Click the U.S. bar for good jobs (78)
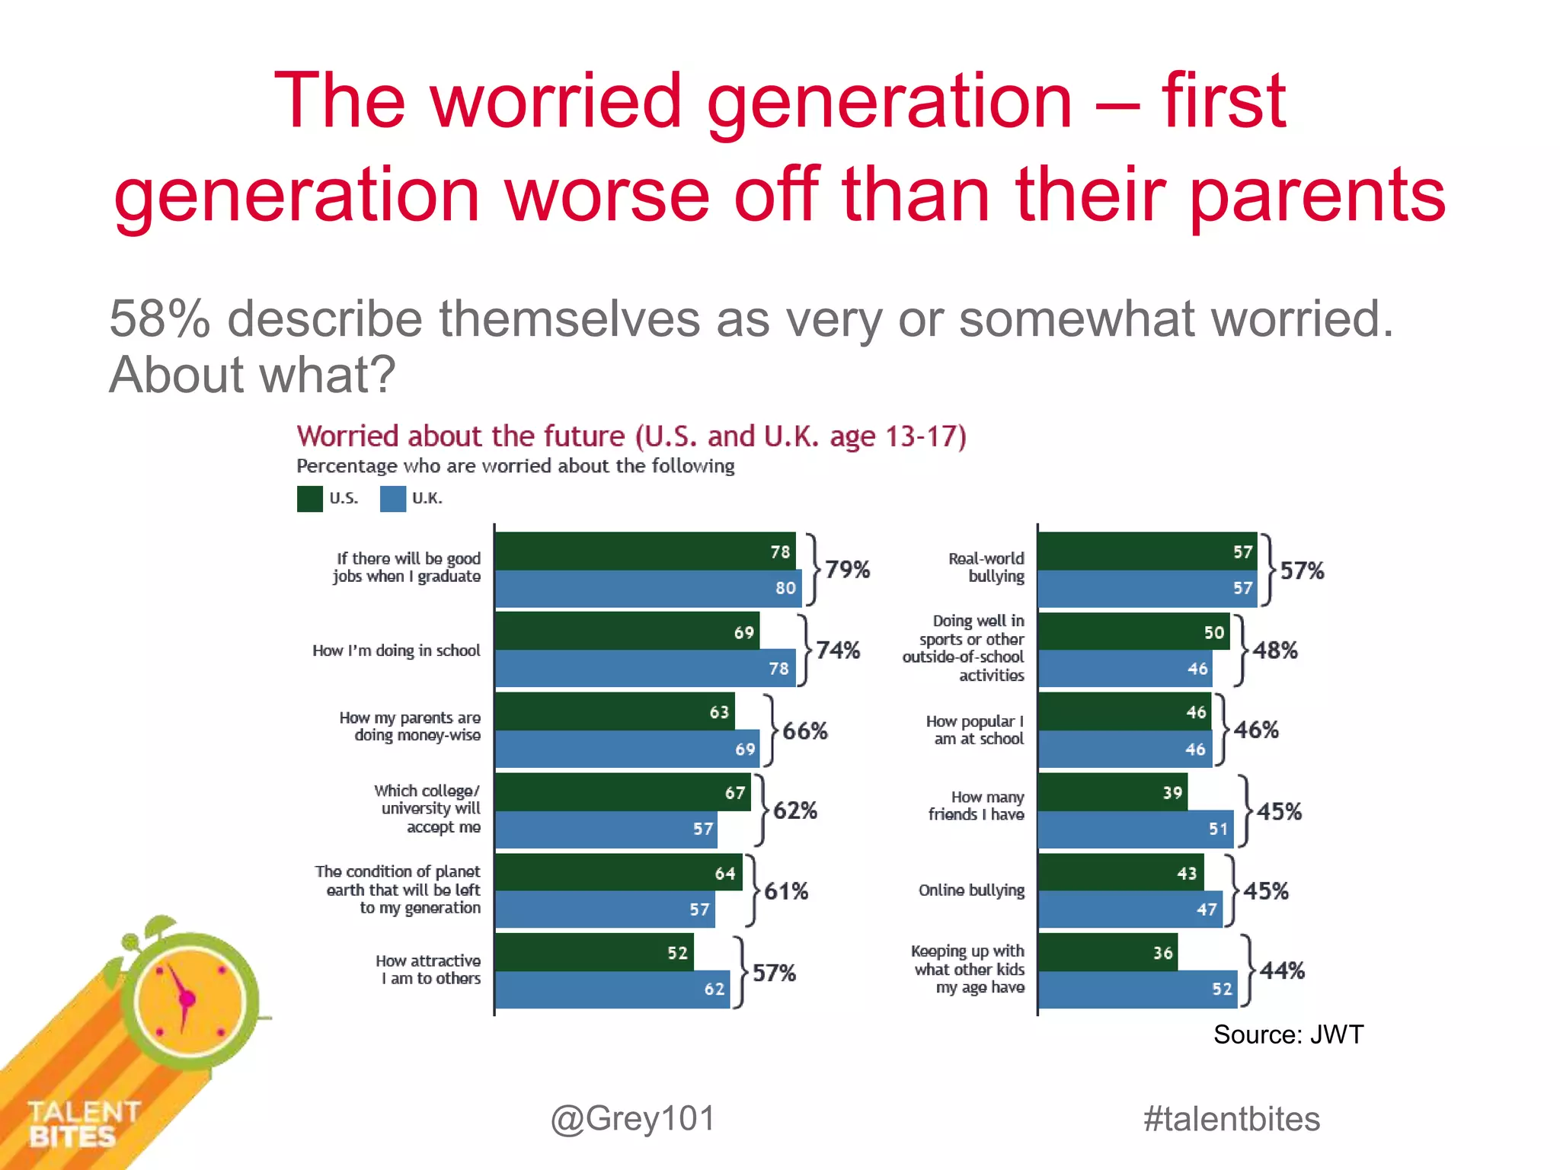pos(645,551)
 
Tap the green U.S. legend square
pos(310,499)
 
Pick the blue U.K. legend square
pos(393,499)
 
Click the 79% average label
pos(847,570)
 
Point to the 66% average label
pos(805,731)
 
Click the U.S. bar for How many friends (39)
pos(1112,792)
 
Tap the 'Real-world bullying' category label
pos(987,567)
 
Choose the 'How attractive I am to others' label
pos(430,970)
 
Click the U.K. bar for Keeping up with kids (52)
pos(1137,989)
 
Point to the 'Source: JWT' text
pos(1288,1034)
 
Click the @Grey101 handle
pos(633,1119)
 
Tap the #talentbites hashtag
pos(1232,1119)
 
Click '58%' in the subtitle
pos(159,318)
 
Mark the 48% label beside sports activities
pos(1275,651)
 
